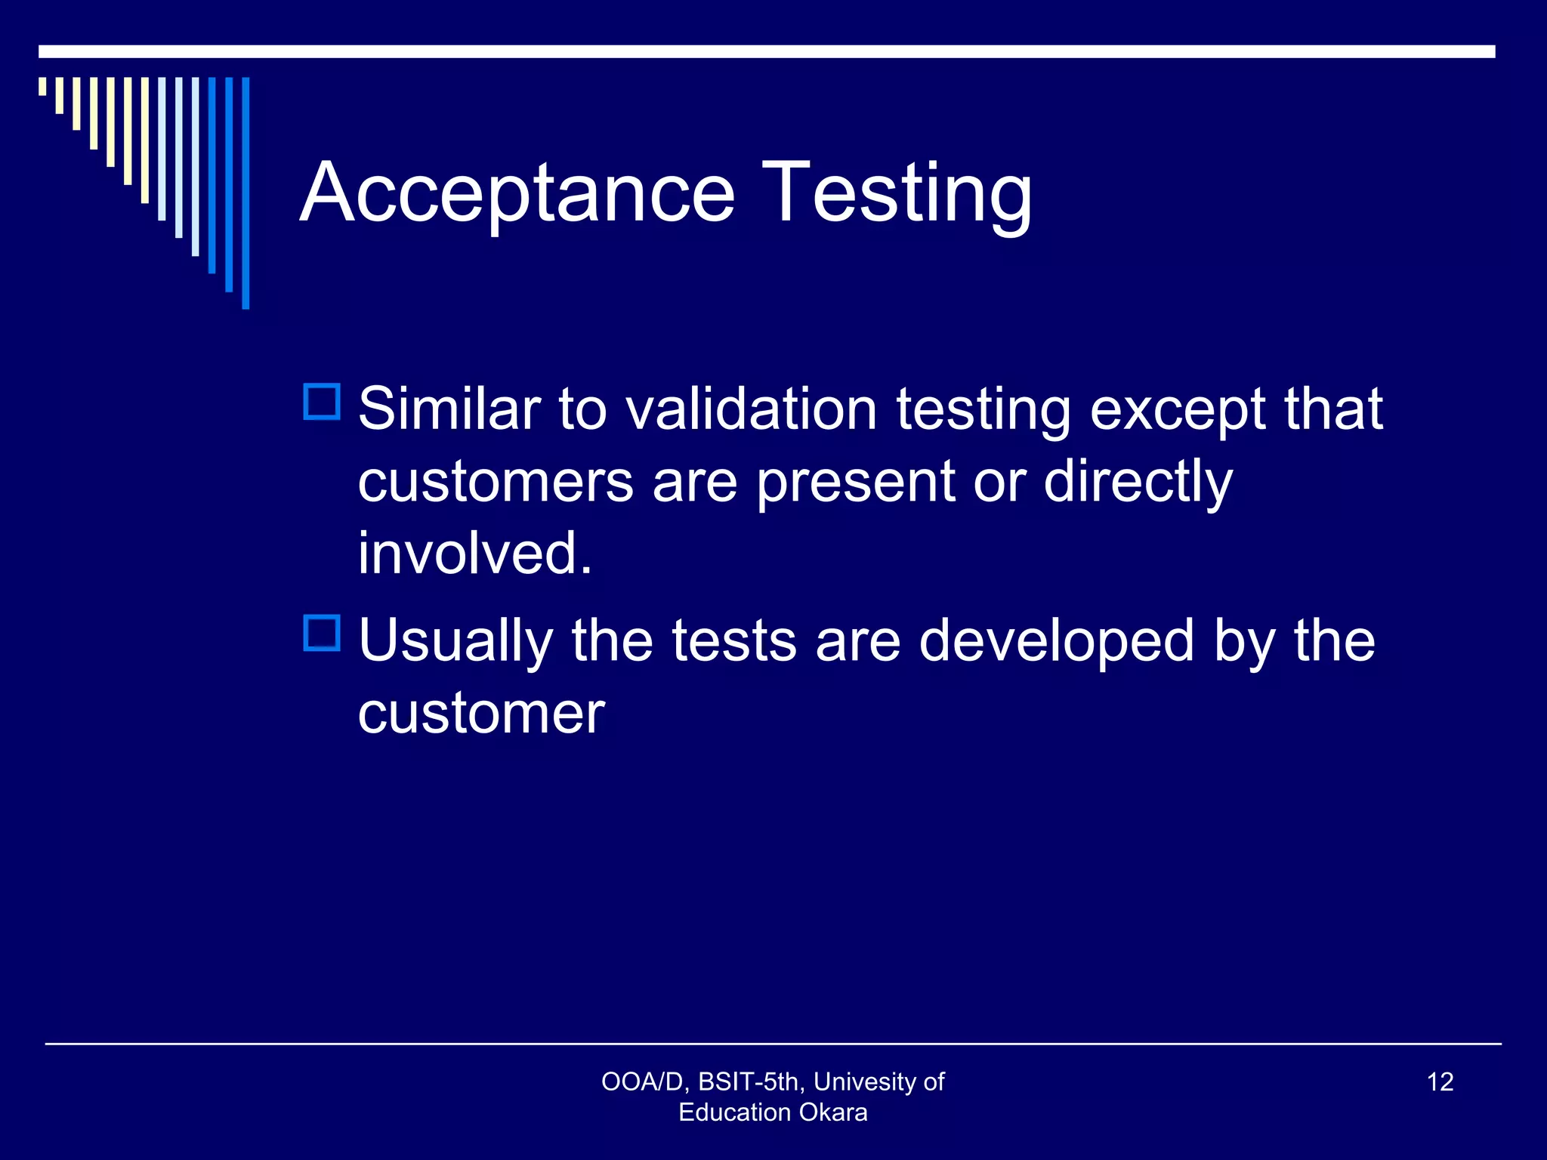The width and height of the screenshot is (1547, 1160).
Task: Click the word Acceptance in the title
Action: click(517, 193)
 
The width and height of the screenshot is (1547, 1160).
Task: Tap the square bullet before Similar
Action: click(322, 402)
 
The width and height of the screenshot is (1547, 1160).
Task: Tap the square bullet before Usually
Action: click(322, 633)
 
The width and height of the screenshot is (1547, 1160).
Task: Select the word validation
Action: click(752, 409)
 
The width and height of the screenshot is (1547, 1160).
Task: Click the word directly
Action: click(1138, 483)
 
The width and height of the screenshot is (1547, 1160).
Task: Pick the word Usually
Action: click(455, 642)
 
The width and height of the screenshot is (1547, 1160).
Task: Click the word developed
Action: click(1056, 642)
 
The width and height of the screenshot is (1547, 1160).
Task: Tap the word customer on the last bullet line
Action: click(481, 713)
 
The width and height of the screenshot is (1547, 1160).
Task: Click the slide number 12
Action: click(1440, 1081)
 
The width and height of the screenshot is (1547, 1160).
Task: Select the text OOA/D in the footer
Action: click(643, 1081)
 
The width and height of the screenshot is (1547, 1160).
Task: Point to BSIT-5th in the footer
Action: click(752, 1081)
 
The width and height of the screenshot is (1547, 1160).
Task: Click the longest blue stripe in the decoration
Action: click(245, 193)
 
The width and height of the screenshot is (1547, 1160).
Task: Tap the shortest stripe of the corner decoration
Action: click(42, 86)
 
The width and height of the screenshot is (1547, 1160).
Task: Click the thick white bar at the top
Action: click(767, 51)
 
